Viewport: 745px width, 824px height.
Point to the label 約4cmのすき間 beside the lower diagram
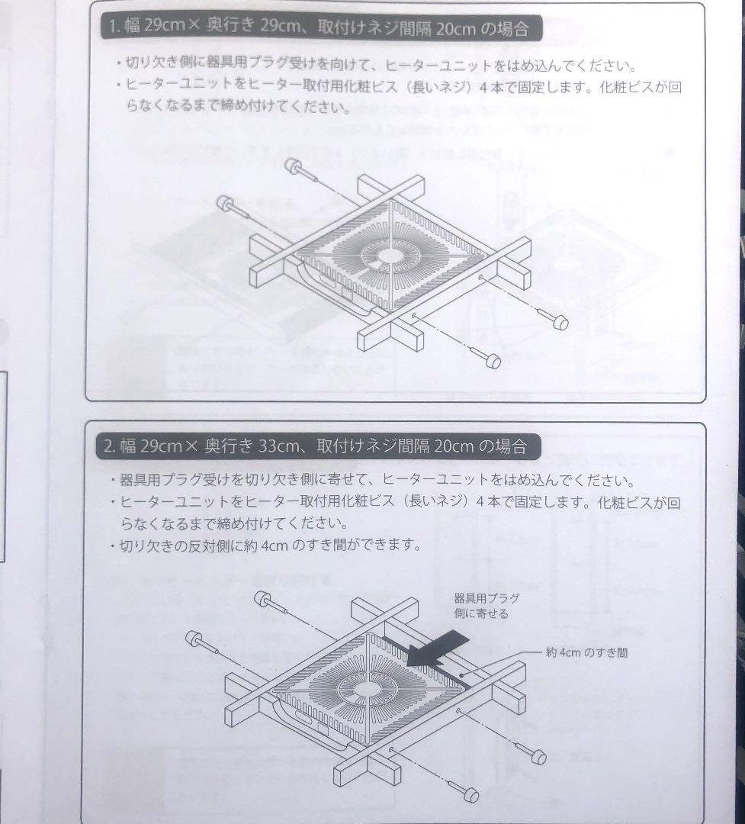pos(586,653)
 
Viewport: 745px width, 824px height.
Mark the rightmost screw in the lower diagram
pos(538,757)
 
